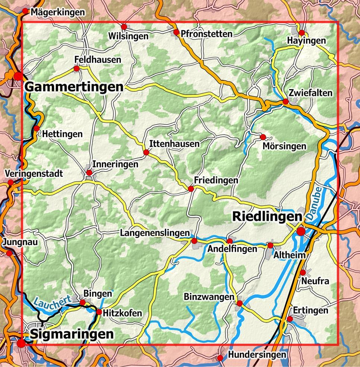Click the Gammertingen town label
[74, 87]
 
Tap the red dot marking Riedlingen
[301, 232]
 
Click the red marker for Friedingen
[191, 189]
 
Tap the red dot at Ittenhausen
[146, 153]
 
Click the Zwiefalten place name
[310, 93]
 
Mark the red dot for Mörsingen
[263, 137]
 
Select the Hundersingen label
[257, 355]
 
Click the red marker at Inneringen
[89, 173]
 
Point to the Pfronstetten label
[206, 34]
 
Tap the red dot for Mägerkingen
[25, 11]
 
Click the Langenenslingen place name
[155, 233]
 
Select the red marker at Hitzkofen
[99, 312]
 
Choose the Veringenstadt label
[34, 174]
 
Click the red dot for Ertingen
[290, 319]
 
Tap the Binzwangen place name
[209, 297]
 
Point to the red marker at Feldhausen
[76, 69]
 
